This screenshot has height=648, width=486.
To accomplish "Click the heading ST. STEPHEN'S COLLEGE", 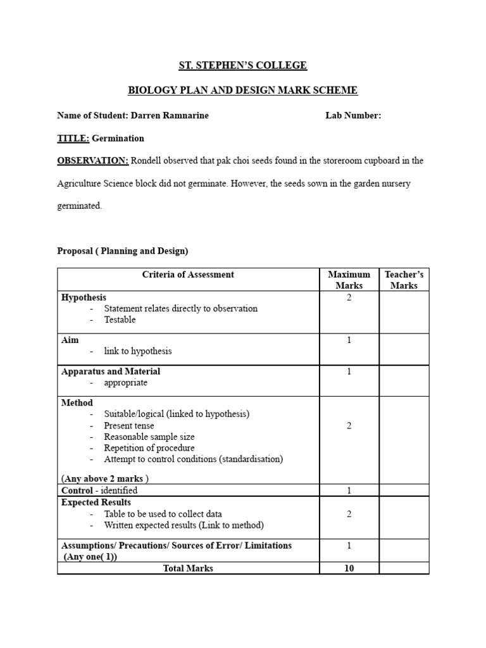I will tap(243, 65).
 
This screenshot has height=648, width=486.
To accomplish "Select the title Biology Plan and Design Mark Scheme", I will tap(243, 90).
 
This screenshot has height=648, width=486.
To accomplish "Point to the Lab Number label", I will tap(353, 116).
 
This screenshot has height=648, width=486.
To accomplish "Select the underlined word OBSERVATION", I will tap(92, 161).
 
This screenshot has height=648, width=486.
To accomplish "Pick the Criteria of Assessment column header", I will tap(188, 275).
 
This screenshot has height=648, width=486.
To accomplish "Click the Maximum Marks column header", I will tap(349, 280).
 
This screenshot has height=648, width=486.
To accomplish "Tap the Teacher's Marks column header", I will tap(404, 280).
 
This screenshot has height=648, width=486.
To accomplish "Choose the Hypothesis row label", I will tap(84, 297).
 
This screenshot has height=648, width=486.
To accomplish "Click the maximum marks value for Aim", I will tap(349, 340).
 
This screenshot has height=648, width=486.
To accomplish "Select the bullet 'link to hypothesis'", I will tap(137, 351).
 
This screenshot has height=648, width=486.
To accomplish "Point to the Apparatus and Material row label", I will tap(111, 371).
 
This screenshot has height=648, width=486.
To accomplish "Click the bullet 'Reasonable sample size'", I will tap(149, 437).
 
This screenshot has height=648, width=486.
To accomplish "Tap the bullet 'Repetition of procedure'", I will tap(149, 448).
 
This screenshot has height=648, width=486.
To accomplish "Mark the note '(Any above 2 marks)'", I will tap(105, 478).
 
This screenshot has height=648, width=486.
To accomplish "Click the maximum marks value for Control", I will tap(349, 490).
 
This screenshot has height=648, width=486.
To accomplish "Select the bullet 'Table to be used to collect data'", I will tap(163, 514).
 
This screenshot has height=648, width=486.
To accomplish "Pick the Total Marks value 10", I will tap(349, 568).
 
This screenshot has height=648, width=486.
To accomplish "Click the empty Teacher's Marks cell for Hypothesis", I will tap(404, 312).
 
